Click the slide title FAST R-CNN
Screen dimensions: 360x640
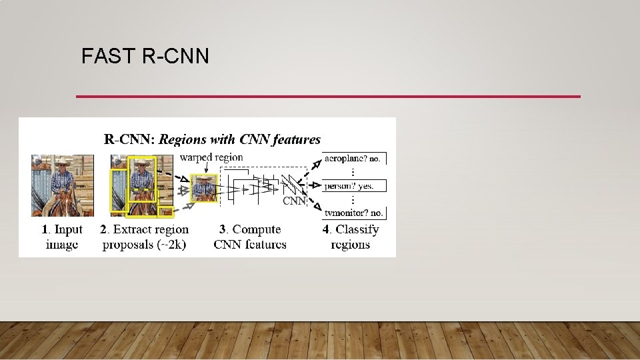pyautogui.click(x=145, y=57)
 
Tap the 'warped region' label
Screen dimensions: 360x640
pyautogui.click(x=211, y=157)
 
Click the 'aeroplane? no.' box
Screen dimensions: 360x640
pyautogui.click(x=353, y=159)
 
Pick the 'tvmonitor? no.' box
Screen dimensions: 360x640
pyautogui.click(x=353, y=213)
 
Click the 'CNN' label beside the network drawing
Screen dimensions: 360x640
pyautogui.click(x=294, y=200)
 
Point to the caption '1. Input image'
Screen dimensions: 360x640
pyautogui.click(x=62, y=237)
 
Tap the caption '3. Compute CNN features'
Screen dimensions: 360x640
pyautogui.click(x=250, y=237)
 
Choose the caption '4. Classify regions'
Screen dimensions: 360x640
pyautogui.click(x=351, y=237)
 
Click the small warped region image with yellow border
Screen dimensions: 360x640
pyautogui.click(x=203, y=188)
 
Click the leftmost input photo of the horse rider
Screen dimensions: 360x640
pyautogui.click(x=62, y=185)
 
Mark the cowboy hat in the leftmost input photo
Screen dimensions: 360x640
pyautogui.click(x=62, y=162)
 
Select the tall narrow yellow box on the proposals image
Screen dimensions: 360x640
pyautogui.click(x=119, y=190)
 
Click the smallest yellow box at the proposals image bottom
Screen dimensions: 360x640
pyautogui.click(x=165, y=213)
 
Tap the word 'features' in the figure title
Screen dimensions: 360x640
pyautogui.click(x=293, y=139)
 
